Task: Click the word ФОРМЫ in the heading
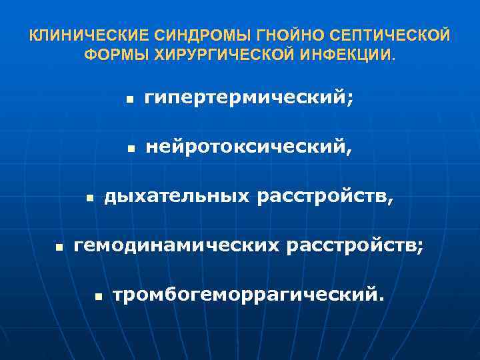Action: tap(109, 53)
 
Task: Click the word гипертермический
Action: tap(246, 99)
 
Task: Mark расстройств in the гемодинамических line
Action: tap(352, 245)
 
